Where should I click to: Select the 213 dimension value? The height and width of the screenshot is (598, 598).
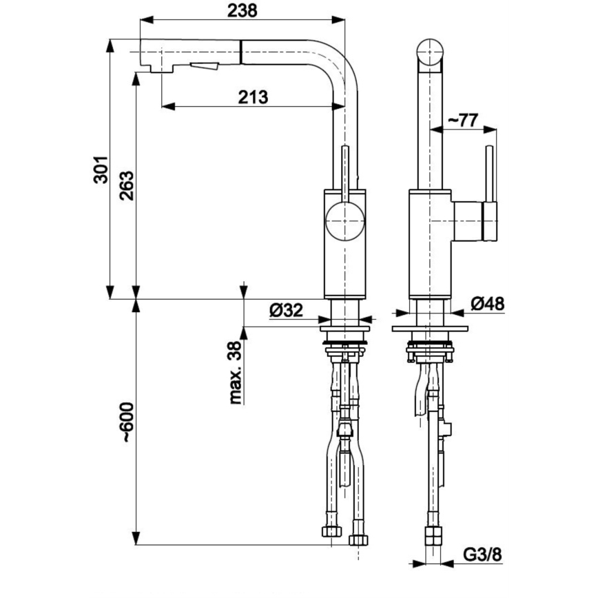[x=253, y=97]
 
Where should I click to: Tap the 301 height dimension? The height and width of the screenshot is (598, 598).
[x=101, y=169]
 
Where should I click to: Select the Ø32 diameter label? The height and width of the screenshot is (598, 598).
[x=286, y=311]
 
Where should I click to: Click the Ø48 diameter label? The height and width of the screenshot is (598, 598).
[x=488, y=303]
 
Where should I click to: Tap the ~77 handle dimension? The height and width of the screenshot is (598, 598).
[x=462, y=120]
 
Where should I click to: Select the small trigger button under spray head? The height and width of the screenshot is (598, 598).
[x=204, y=67]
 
